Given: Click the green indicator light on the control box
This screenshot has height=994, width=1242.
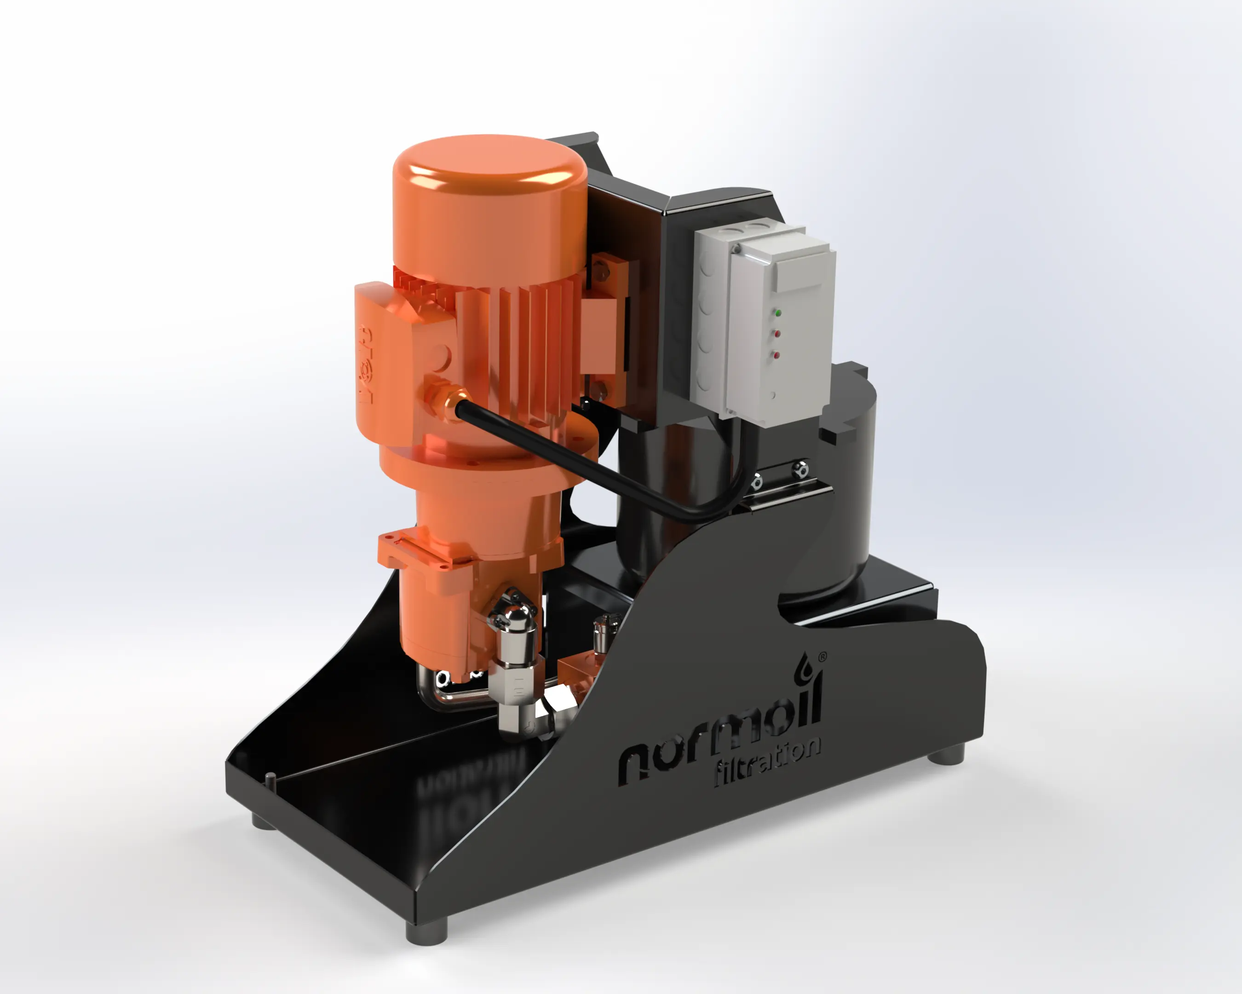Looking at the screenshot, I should click(778, 313).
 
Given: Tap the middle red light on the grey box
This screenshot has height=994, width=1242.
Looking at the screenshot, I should click(777, 334).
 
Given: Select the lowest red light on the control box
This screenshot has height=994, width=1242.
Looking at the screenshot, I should click(776, 354).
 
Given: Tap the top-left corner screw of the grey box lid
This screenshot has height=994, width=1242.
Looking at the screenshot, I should click(736, 249).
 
